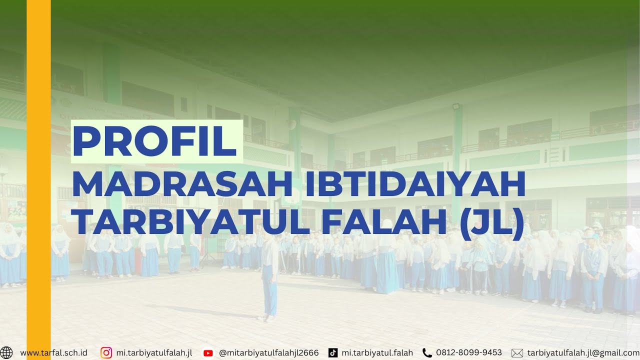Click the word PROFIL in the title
[x=155, y=141]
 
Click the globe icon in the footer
[x=7, y=353]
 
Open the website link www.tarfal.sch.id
[x=53, y=353]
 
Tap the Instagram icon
[x=106, y=353]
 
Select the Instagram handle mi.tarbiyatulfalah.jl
[x=154, y=353]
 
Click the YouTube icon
[x=208, y=353]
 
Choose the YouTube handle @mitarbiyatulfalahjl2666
[x=269, y=353]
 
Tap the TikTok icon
[x=333, y=353]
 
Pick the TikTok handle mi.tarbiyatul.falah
[x=377, y=353]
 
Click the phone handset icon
[x=427, y=353]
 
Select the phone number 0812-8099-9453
[x=469, y=353]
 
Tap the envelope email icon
[x=517, y=353]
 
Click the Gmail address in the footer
[x=583, y=353]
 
